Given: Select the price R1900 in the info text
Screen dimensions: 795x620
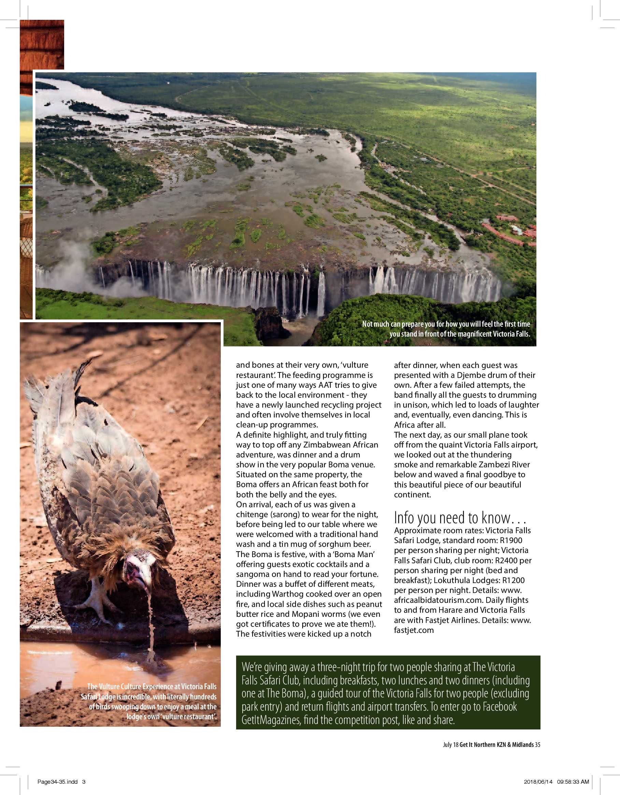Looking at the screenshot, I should click(x=511, y=541).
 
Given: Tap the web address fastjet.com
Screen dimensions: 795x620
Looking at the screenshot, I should click(x=414, y=630).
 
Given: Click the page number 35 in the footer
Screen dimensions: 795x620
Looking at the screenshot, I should click(x=537, y=745).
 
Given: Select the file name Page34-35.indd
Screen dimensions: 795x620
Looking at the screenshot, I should click(x=57, y=782).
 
